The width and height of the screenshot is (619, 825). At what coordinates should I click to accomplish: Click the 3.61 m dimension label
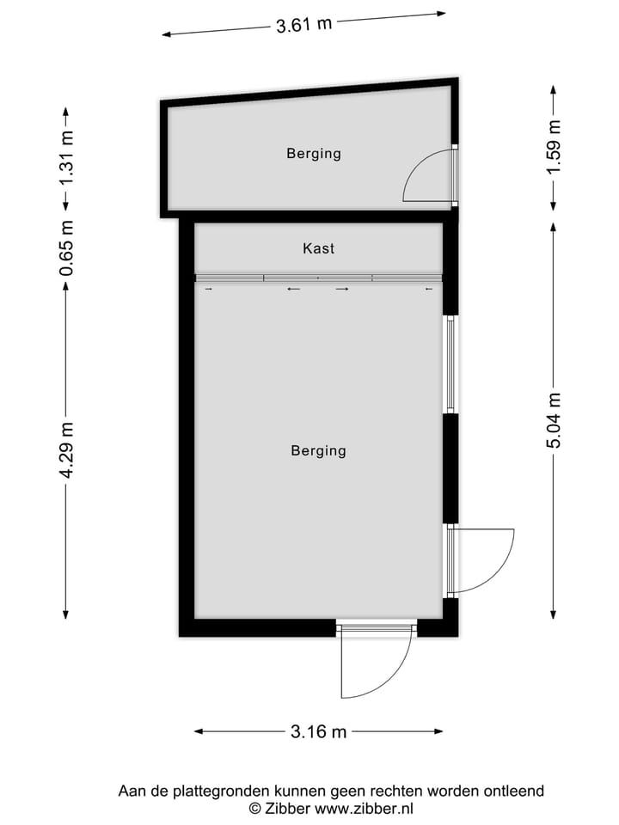tap(303, 24)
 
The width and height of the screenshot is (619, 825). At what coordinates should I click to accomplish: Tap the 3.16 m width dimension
tap(318, 732)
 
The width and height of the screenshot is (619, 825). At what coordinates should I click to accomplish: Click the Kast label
tap(318, 249)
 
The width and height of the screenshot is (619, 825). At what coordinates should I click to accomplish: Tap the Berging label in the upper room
tap(314, 154)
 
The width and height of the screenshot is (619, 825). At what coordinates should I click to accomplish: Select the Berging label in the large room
tap(318, 450)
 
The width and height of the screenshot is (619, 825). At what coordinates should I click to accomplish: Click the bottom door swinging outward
tap(375, 662)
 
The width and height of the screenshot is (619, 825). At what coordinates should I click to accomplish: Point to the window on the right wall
tap(450, 364)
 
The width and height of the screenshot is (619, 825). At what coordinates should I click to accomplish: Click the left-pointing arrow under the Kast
tap(294, 290)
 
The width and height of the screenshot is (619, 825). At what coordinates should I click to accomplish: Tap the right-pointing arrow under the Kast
tap(342, 290)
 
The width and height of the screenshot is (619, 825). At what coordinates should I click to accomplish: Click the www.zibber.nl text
tap(365, 809)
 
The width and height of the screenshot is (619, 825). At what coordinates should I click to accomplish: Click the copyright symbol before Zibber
tap(254, 809)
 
